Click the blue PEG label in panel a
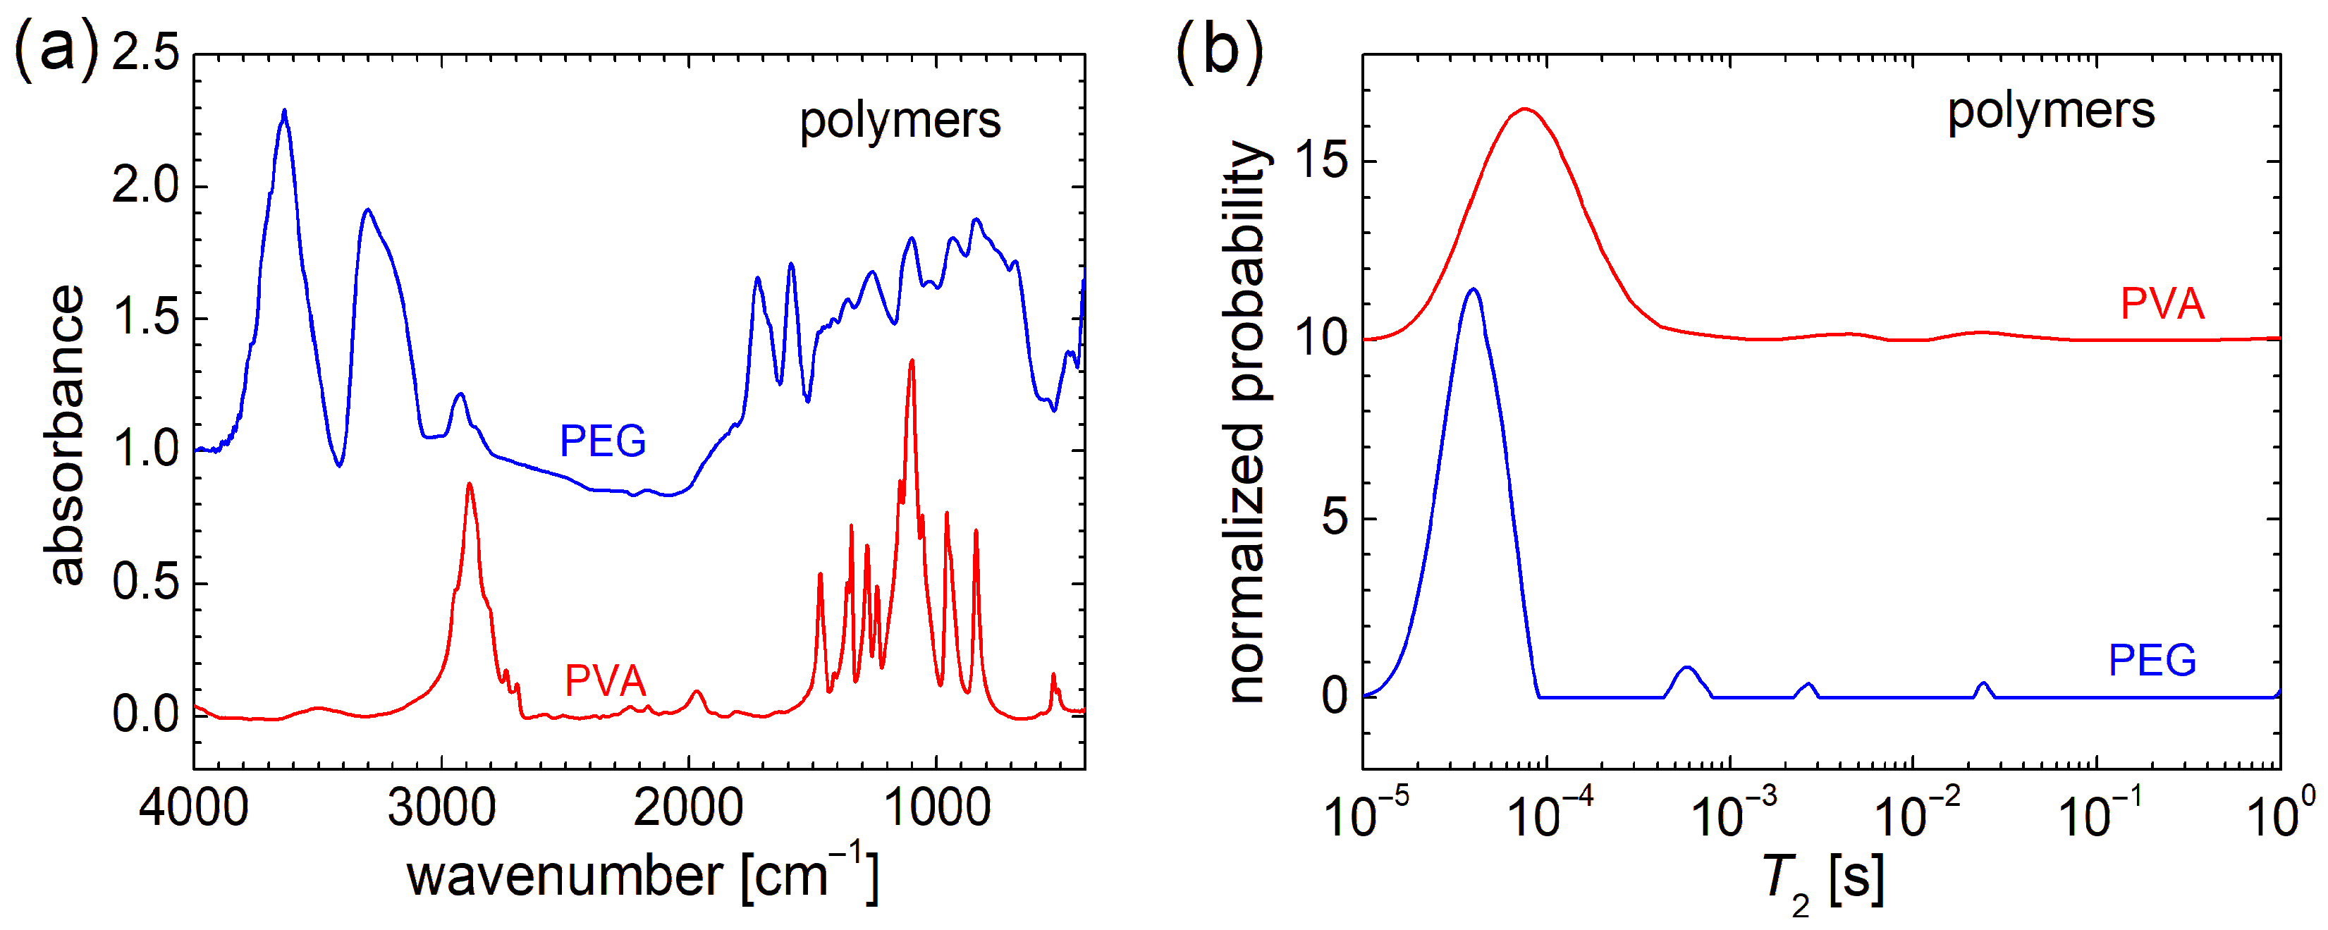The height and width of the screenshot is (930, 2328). click(x=603, y=442)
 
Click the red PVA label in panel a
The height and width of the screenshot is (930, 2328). click(x=605, y=681)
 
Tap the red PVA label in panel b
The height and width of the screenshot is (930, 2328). click(x=2162, y=304)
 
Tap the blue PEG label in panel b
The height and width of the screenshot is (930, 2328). click(x=2152, y=661)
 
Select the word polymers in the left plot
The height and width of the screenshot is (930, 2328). click(x=900, y=121)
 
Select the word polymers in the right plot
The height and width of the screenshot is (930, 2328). click(x=2050, y=112)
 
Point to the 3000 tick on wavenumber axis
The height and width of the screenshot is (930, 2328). click(x=441, y=807)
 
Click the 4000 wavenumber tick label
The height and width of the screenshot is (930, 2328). click(x=193, y=807)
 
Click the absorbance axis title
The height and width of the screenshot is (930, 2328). click(x=65, y=436)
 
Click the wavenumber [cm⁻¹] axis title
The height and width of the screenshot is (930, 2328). click(x=642, y=874)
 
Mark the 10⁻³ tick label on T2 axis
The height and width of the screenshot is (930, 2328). click(x=1732, y=814)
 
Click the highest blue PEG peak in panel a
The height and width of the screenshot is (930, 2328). click(x=285, y=111)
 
